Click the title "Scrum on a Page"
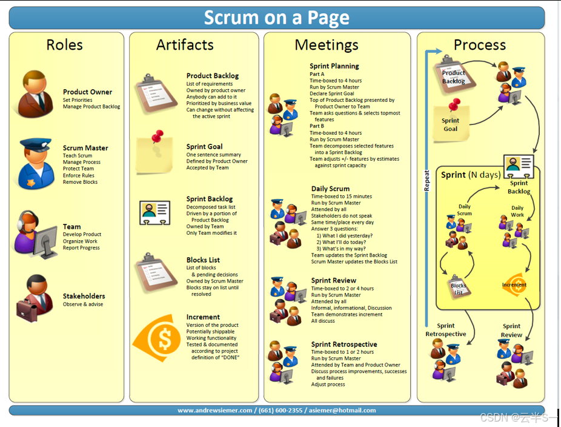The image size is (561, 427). pos(276,18)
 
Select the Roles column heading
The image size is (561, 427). pos(65,45)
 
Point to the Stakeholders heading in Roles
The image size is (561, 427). pos(84,296)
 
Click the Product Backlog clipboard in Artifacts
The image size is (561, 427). pos(155,92)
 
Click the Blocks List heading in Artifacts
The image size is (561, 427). pos(203,260)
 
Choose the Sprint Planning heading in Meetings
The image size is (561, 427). pos(334,66)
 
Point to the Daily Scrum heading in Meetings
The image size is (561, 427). pos(330,189)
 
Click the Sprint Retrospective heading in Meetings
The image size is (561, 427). pos(344,345)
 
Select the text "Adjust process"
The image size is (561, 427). pos(328,385)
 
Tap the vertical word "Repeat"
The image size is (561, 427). pos(427,180)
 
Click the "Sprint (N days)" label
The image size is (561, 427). pos(471,175)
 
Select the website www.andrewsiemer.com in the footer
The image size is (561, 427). pos(214,411)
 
